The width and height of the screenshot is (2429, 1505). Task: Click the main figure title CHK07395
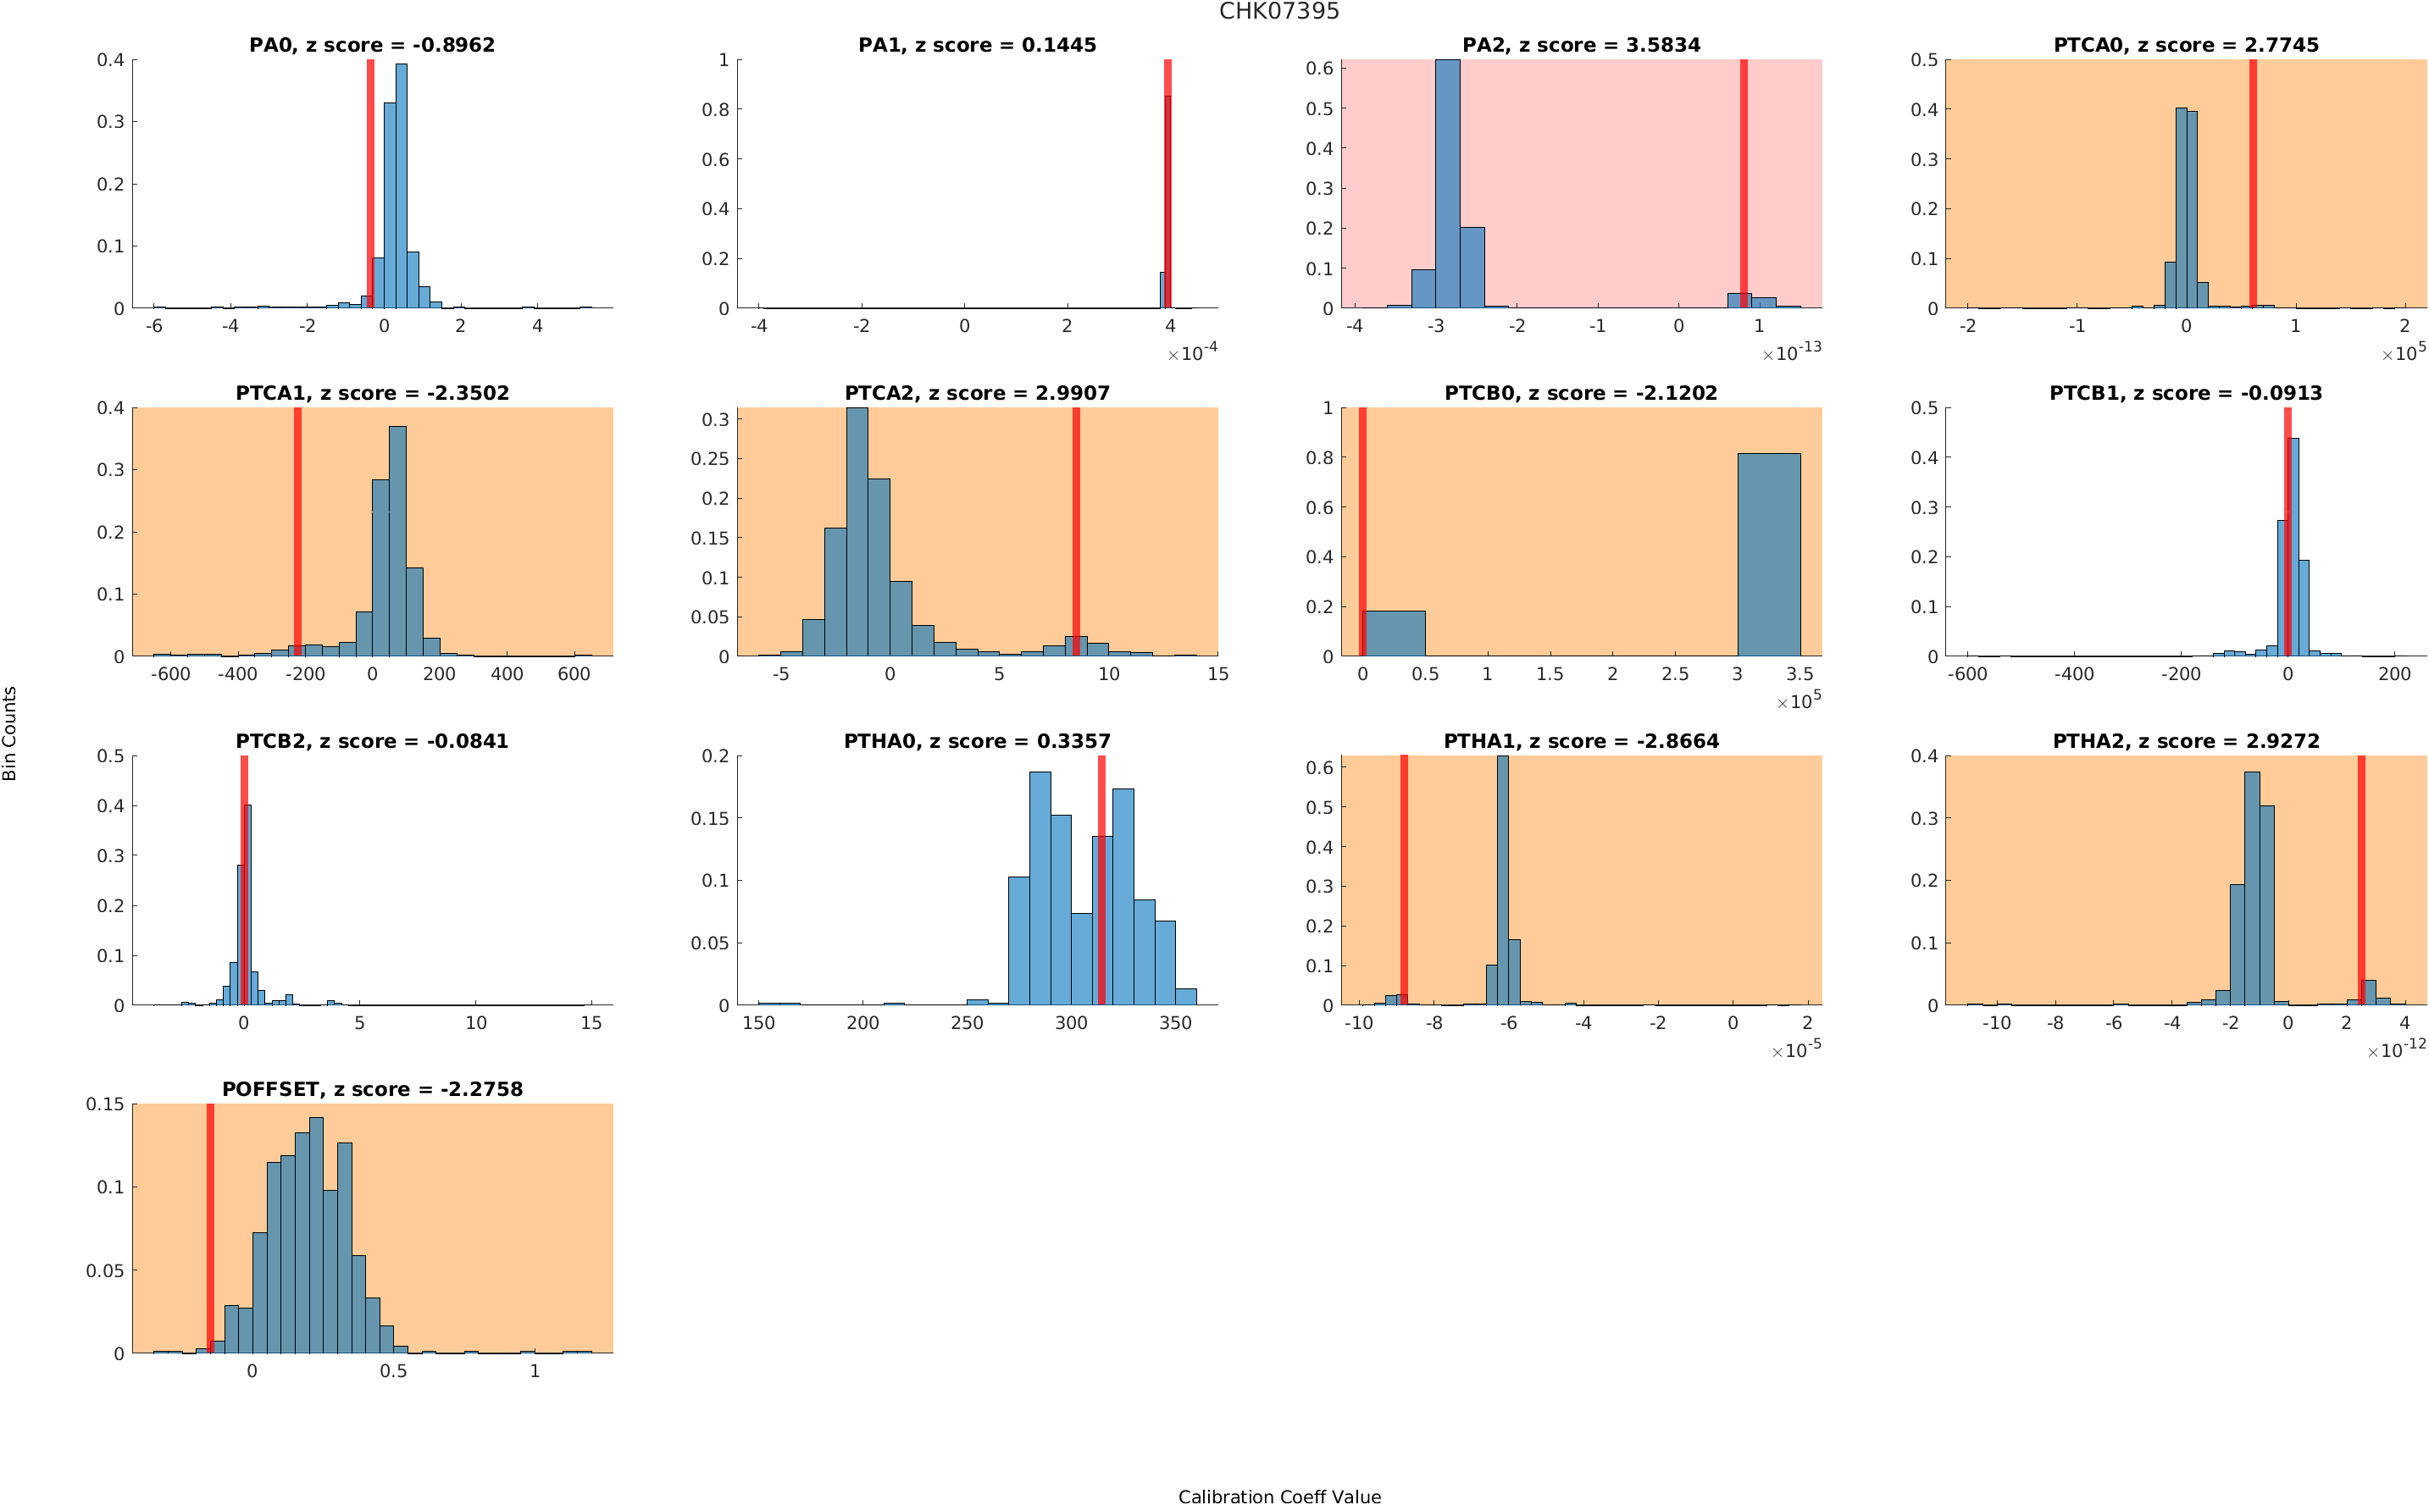(1279, 12)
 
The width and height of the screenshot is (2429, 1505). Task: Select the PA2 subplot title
(1581, 45)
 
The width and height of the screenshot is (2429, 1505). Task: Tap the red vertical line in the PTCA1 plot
(297, 532)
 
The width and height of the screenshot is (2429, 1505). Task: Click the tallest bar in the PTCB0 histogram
(1768, 555)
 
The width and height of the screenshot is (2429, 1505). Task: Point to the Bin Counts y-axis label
(10, 733)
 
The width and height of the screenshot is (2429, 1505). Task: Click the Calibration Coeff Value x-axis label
(1279, 1496)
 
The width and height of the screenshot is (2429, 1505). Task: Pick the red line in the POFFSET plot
(210, 1228)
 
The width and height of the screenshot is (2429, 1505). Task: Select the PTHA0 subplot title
(977, 742)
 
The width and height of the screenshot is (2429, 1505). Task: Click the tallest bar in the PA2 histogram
(1447, 184)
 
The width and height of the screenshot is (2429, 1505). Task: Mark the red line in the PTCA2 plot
(1076, 532)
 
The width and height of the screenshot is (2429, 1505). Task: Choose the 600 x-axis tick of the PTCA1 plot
(574, 674)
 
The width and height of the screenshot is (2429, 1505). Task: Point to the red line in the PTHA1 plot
(1404, 880)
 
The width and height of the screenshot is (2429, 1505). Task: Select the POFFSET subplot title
(372, 1089)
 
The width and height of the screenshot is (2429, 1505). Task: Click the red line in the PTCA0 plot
(2253, 184)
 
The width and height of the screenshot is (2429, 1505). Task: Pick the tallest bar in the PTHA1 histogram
(1502, 880)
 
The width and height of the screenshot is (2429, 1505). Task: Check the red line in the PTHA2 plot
(2360, 880)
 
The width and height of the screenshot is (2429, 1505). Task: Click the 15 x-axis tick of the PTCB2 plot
(591, 1023)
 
